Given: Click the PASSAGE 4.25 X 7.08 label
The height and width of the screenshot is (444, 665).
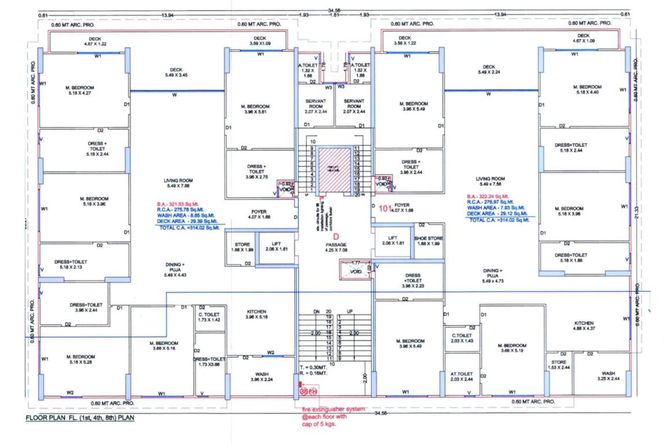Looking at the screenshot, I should tap(335, 247).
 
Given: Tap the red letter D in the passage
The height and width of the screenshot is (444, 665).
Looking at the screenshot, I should tap(335, 235).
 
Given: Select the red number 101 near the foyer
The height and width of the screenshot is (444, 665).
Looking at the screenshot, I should tap(386, 208).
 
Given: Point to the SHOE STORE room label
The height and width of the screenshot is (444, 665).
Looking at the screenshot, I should tap(428, 240).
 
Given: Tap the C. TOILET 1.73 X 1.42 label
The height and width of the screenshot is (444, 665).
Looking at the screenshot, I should tap(209, 316).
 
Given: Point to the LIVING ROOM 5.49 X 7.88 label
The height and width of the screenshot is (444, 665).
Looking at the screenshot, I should tap(178, 183).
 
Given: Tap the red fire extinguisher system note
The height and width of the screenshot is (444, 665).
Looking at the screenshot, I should tap(333, 416).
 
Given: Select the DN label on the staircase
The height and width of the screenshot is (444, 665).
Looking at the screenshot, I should tap(317, 312).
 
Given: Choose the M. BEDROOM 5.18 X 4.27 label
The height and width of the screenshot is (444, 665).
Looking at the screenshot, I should tap(80, 90).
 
